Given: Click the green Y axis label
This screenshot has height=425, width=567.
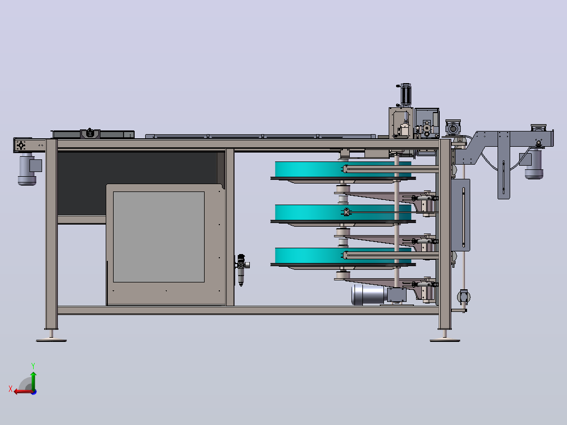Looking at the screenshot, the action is (33, 366).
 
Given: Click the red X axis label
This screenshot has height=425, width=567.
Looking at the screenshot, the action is (11, 389).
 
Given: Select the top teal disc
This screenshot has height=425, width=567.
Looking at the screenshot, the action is (343, 170).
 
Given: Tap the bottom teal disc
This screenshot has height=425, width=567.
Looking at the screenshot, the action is (343, 256).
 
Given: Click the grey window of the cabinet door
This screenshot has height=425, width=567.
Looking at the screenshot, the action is (159, 237).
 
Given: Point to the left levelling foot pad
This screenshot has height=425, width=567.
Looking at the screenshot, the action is (52, 340).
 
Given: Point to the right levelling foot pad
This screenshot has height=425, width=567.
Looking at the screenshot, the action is (445, 340).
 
